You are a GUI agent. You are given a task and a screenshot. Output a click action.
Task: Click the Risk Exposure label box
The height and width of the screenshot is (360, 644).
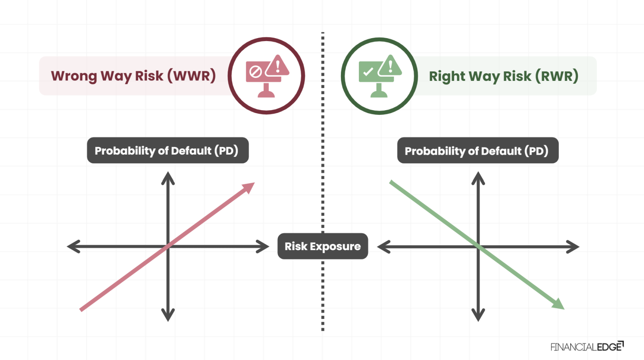[322, 246]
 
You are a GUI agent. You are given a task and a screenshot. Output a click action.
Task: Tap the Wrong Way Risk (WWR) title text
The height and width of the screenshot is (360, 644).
[133, 76]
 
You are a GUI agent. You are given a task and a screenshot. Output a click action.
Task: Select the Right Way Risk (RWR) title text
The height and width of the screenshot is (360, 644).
[504, 76]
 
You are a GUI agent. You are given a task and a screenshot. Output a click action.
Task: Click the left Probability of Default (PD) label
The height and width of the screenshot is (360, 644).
[168, 150]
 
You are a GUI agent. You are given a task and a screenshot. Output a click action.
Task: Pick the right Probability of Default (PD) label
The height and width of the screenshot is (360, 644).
[478, 151]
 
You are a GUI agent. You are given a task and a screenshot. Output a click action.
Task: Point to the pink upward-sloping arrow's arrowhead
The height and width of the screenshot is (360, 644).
[250, 186]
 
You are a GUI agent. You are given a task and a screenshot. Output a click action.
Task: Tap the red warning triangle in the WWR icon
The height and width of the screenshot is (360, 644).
[278, 65]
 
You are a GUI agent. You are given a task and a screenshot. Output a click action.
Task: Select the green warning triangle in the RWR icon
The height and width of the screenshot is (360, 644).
[390, 66]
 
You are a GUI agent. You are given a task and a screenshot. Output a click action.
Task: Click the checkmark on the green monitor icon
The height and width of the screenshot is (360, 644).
[368, 72]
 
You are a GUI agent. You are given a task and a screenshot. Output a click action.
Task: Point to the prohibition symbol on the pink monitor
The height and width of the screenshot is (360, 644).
[255, 72]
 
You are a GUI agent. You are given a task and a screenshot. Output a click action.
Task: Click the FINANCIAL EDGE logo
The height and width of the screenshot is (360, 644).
[587, 347]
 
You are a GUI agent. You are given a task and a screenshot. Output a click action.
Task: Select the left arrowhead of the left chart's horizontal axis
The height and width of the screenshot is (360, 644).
[72, 246]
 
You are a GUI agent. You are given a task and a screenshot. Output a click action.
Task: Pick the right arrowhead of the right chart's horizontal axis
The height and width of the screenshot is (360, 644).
[574, 247]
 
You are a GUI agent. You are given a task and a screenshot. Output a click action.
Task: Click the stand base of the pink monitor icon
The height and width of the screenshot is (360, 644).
[266, 93]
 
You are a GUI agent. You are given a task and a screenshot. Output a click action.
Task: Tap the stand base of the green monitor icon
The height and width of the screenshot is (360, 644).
[379, 93]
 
